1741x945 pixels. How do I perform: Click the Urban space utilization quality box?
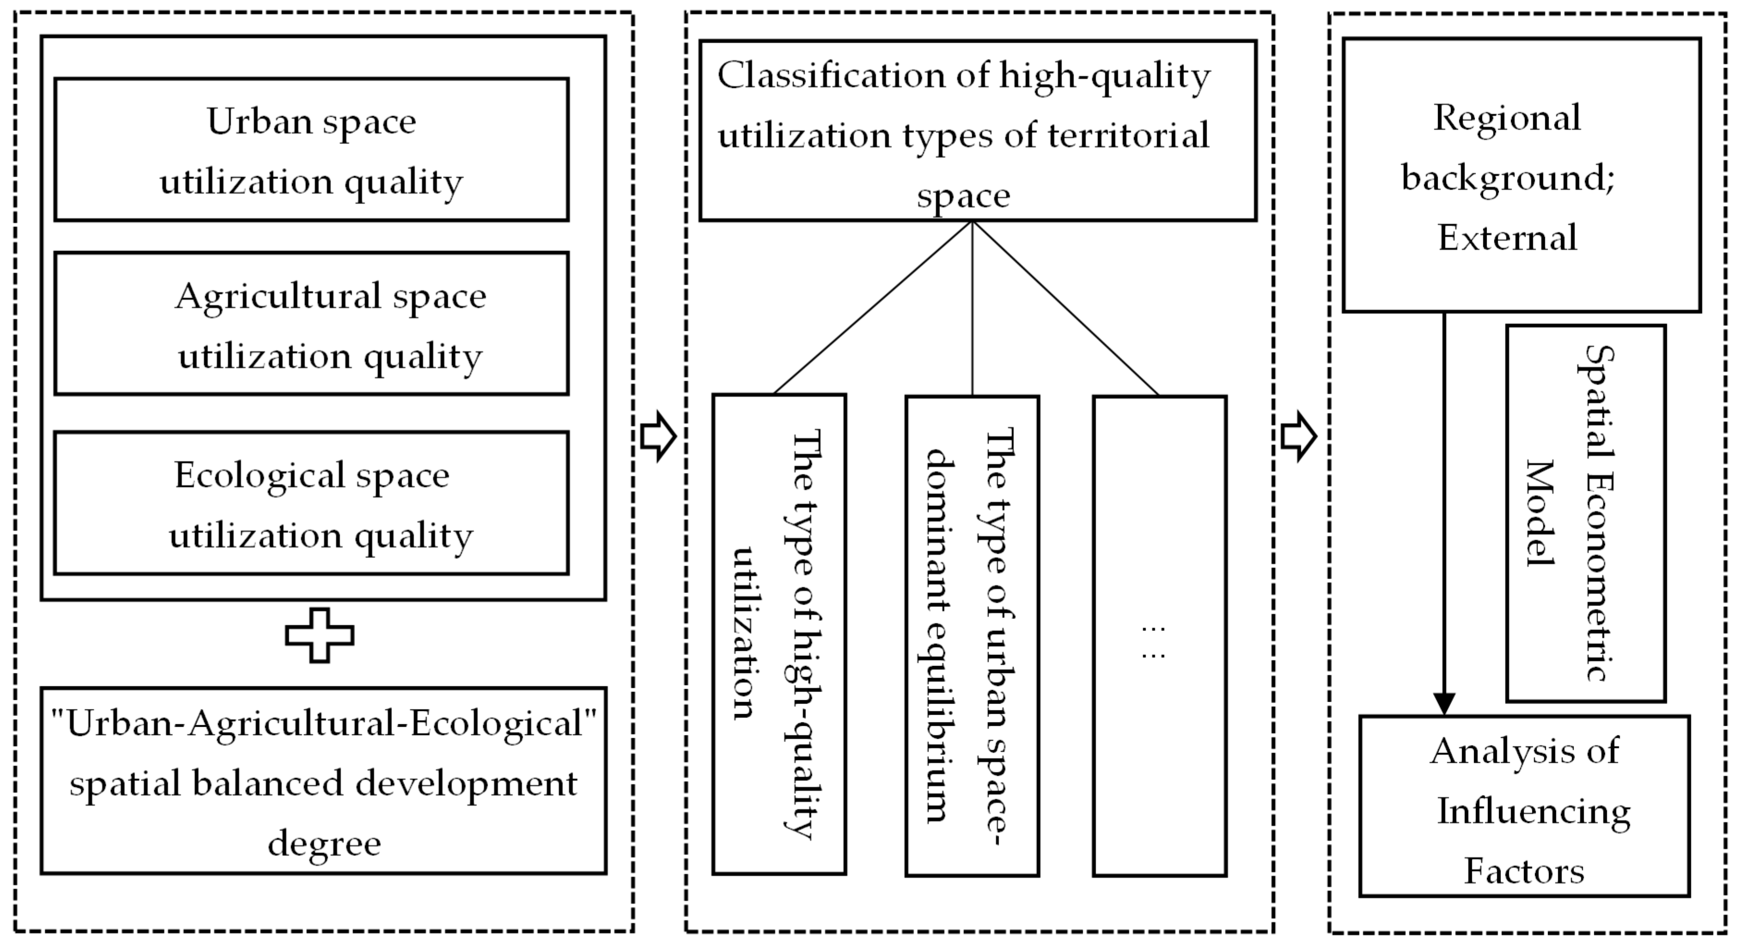coord(311,149)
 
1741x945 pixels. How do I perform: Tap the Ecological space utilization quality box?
coord(311,504)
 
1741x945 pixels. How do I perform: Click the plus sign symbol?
coord(319,635)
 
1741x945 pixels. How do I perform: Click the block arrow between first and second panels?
coord(657,437)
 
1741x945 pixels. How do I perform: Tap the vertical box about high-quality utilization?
coord(779,634)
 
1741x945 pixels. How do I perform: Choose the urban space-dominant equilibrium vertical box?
coord(972,635)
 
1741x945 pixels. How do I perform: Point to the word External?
coord(1507,237)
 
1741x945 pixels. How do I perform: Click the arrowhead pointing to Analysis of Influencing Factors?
coord(1444,703)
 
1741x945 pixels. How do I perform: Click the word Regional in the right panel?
coord(1507,118)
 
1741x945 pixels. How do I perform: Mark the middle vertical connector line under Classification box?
coord(972,308)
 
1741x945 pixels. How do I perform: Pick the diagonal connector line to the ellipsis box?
coord(1065,308)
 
